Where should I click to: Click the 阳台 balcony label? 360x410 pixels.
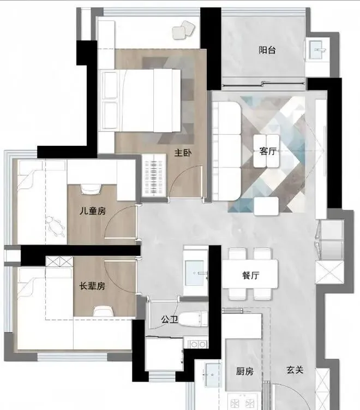click(x=267, y=50)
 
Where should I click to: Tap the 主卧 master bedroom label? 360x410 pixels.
click(x=183, y=153)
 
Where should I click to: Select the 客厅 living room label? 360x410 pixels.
click(x=268, y=151)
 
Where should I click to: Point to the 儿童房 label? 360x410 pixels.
click(x=93, y=211)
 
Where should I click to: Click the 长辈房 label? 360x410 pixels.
click(x=92, y=286)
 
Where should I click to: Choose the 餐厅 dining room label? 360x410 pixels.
click(x=250, y=275)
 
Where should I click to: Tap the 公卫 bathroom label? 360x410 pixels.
click(x=170, y=319)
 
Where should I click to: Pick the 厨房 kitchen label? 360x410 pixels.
click(x=245, y=371)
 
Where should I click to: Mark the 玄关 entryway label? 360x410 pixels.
click(x=295, y=370)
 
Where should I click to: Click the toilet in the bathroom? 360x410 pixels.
click(x=193, y=319)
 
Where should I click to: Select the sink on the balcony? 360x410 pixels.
click(x=317, y=50)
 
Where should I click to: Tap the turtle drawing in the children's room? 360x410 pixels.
click(x=56, y=227)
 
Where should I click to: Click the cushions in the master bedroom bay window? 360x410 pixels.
click(x=183, y=30)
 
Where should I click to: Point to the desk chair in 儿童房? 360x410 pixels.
click(x=91, y=189)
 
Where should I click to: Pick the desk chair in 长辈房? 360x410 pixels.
click(x=104, y=311)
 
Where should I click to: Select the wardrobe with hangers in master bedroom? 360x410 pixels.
click(x=154, y=175)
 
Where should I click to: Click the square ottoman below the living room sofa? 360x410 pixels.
click(x=267, y=206)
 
